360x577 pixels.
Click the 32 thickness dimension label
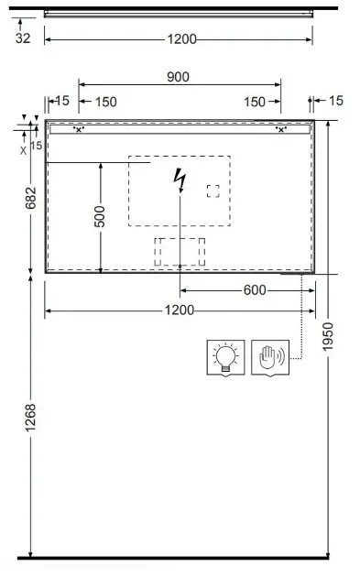(x=23, y=38)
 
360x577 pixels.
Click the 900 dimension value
(x=178, y=77)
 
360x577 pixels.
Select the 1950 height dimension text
(x=327, y=336)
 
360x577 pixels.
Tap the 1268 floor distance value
(x=30, y=418)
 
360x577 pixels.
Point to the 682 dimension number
(x=31, y=198)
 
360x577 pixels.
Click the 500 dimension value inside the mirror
(x=99, y=216)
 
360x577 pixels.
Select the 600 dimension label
(x=255, y=290)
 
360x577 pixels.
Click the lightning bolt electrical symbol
(x=180, y=180)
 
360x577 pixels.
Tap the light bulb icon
(x=225, y=357)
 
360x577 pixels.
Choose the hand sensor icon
(x=270, y=357)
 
